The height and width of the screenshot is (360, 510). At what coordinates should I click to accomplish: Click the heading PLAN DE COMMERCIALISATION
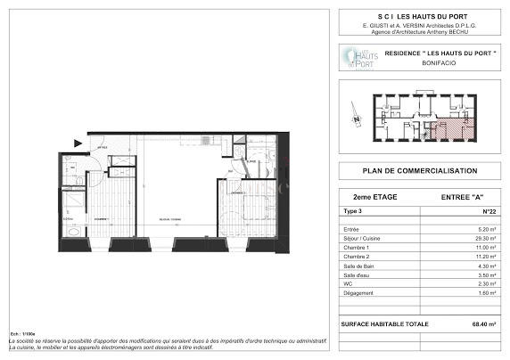[419, 171]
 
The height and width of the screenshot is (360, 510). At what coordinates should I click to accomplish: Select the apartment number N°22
[488, 212]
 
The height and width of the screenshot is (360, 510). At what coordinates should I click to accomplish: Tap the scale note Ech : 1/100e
[21, 332]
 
